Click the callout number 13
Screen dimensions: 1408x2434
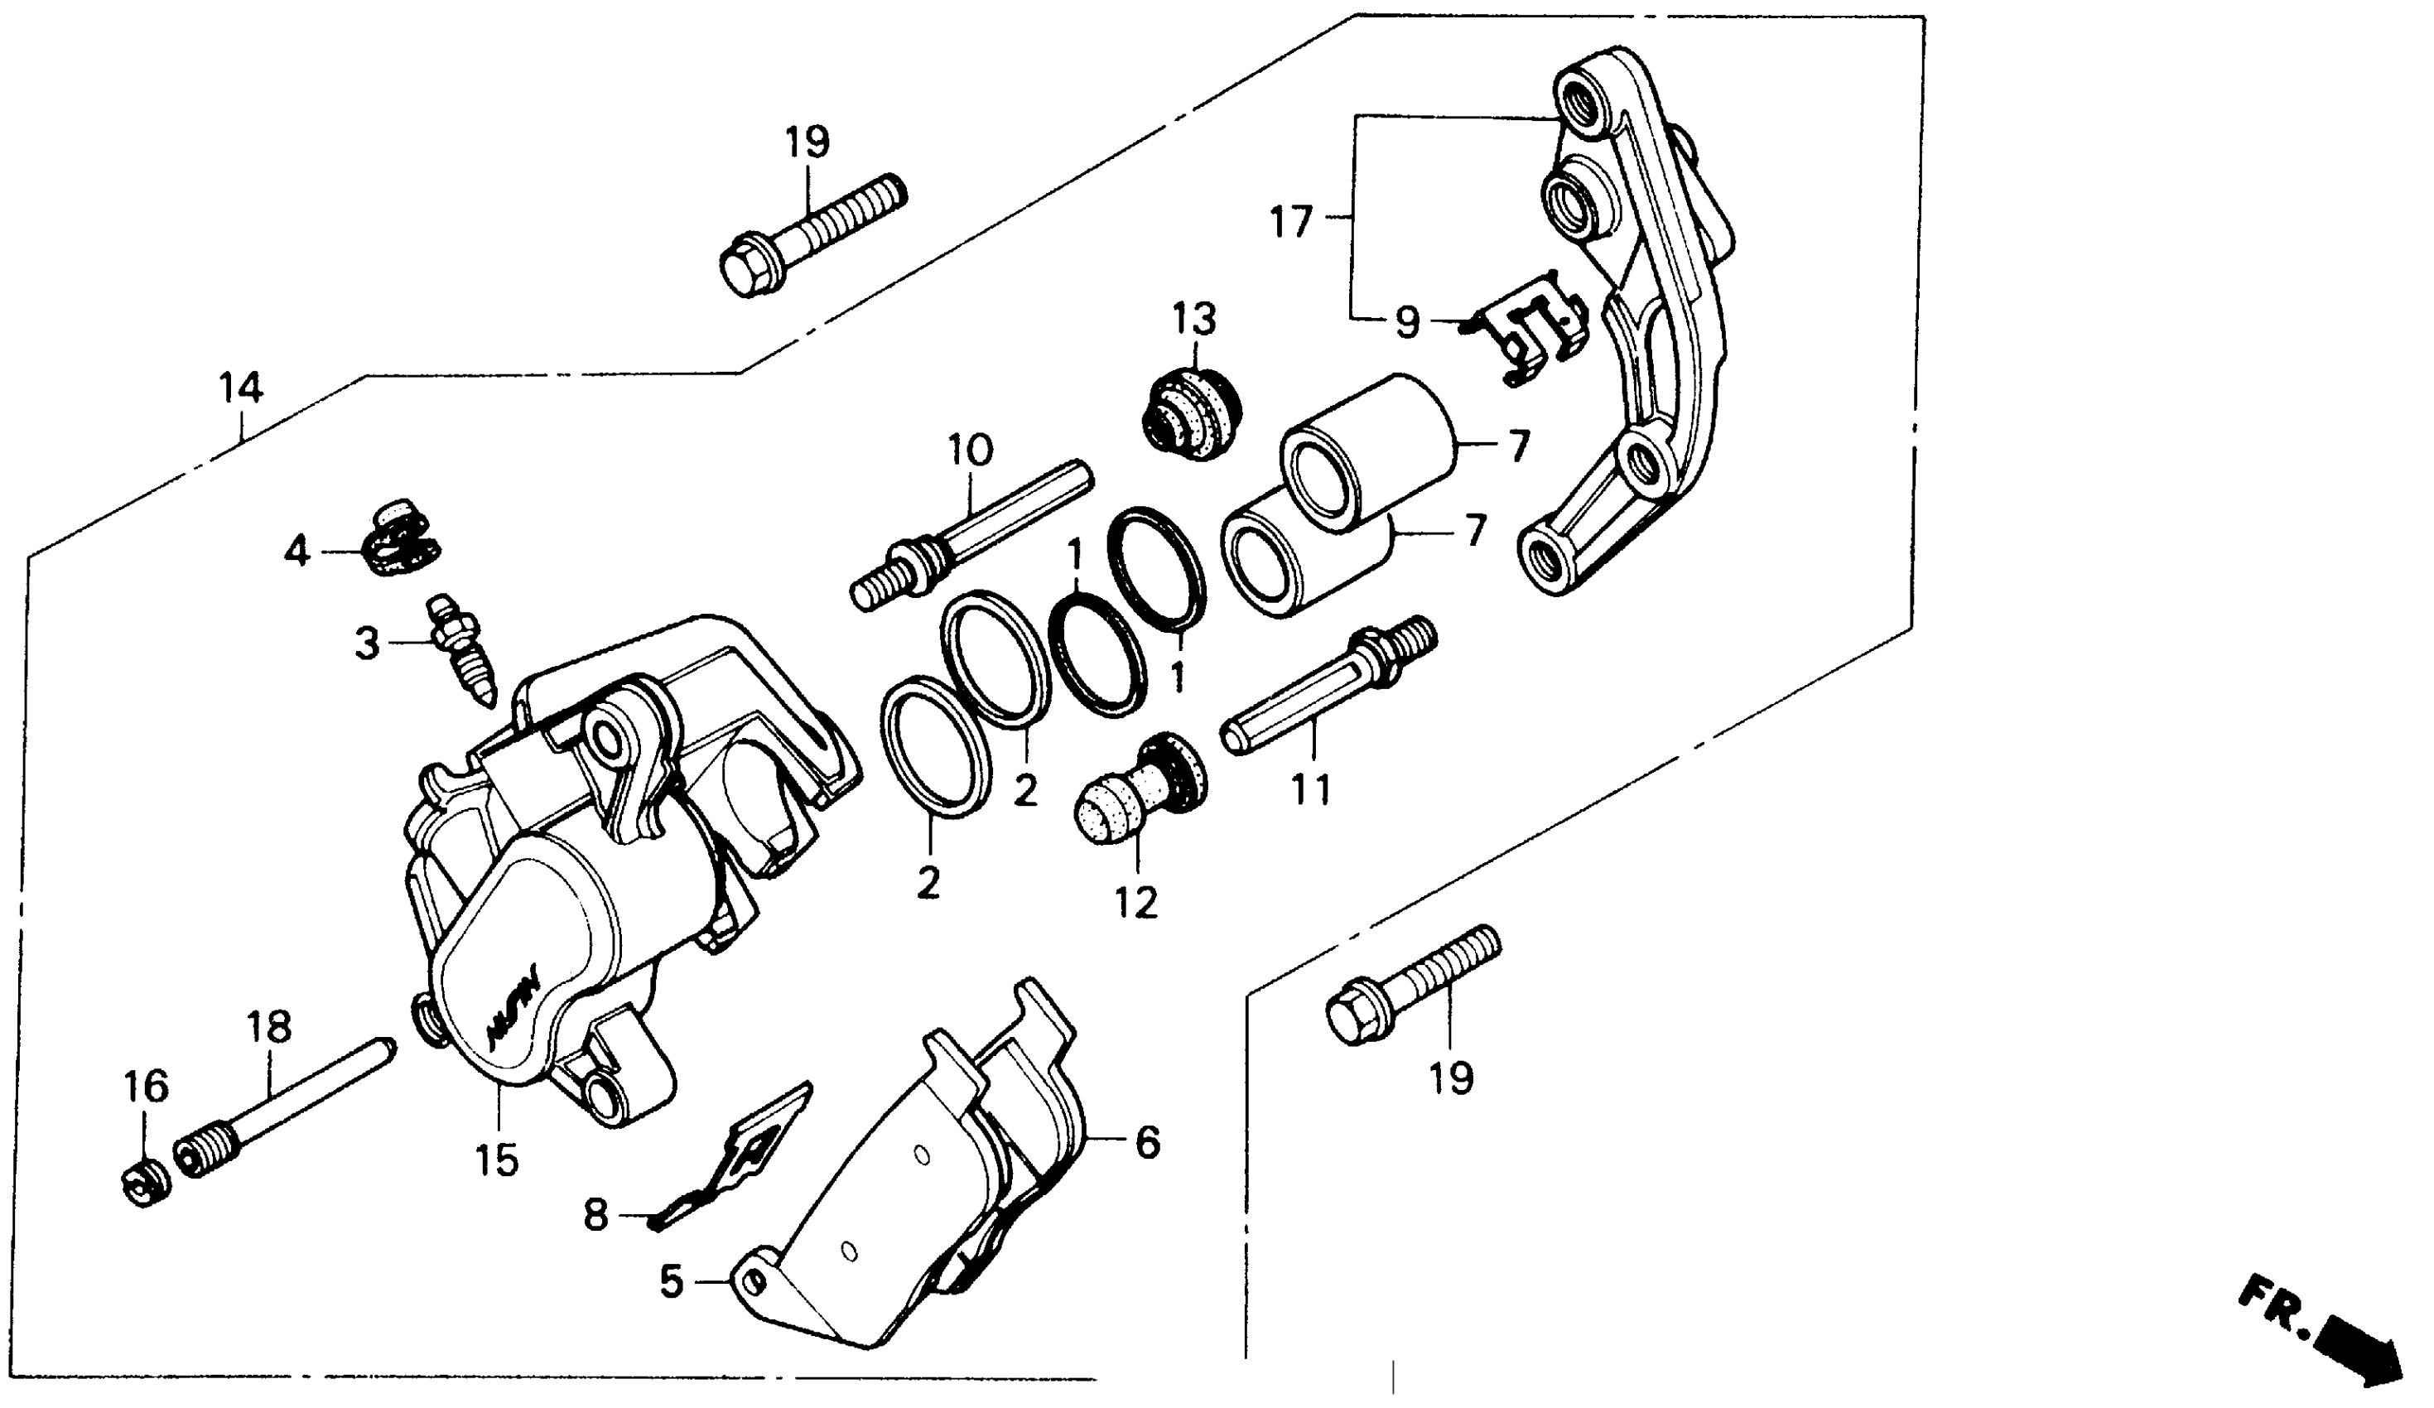click(1195, 320)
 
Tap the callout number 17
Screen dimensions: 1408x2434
click(1292, 222)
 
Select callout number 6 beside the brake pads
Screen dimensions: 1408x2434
click(1146, 1144)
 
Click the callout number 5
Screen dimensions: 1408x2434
click(672, 1282)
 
